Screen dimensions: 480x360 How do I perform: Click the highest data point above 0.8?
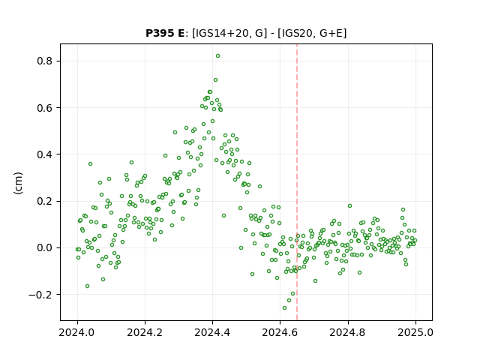click(217, 56)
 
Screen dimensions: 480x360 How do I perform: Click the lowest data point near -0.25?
click(284, 308)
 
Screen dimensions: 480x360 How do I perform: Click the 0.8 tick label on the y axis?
click(44, 61)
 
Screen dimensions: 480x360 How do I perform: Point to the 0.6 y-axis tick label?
click(44, 108)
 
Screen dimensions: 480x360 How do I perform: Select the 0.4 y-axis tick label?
click(44, 154)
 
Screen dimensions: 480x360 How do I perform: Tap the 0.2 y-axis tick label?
click(44, 201)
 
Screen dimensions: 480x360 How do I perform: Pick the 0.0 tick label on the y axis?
click(44, 247)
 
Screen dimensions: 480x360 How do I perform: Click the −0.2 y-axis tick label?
click(40, 295)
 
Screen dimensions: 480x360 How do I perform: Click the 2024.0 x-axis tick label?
click(77, 332)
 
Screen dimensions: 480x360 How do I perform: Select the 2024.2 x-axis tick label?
click(145, 332)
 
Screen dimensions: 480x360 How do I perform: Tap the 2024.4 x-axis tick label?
click(212, 332)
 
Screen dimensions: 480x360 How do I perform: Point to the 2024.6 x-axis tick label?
click(280, 332)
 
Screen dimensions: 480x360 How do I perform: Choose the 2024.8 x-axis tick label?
click(347, 332)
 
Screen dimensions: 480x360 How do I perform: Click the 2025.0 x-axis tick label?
click(415, 332)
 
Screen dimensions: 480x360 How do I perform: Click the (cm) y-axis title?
click(18, 183)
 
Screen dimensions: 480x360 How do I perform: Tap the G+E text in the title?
click(331, 33)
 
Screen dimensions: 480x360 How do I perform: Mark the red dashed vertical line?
click(297, 182)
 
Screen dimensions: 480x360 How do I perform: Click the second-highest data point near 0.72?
click(215, 80)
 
